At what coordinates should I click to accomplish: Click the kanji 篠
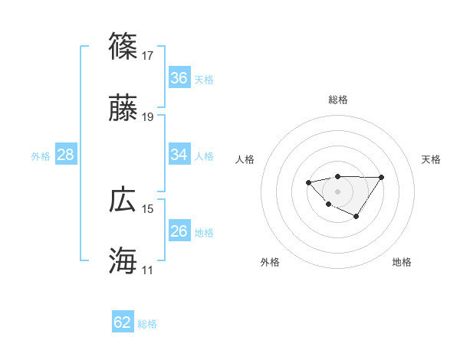[x=123, y=47]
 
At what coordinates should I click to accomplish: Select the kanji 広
[x=123, y=201]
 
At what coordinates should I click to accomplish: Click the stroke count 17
[x=148, y=55]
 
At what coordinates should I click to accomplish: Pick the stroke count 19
[x=148, y=116]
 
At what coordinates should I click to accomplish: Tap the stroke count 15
[x=148, y=208]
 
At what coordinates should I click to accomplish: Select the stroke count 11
[x=148, y=270]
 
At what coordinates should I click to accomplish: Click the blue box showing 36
[x=179, y=78]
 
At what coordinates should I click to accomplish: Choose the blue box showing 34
[x=179, y=155]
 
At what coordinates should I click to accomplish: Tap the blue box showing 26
[x=179, y=231]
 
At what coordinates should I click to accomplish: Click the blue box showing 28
[x=66, y=155]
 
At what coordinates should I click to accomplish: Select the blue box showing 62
[x=123, y=322]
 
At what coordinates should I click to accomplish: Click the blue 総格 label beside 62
[x=147, y=324]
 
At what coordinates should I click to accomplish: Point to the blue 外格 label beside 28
[x=41, y=156]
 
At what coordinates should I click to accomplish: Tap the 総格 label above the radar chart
[x=337, y=100]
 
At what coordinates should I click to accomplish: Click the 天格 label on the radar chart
[x=431, y=159]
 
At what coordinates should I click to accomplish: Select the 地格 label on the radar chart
[x=402, y=262]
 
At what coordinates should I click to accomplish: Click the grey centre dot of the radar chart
[x=337, y=191]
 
